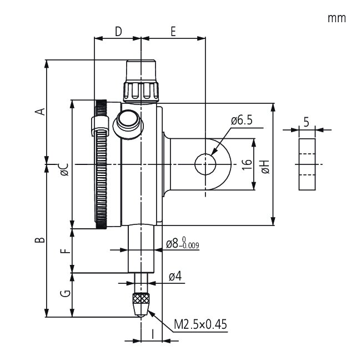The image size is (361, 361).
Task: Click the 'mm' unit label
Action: click(337, 18)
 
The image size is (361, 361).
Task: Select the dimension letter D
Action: click(118, 32)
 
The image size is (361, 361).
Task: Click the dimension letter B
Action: click(39, 240)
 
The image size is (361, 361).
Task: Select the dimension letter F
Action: click(65, 250)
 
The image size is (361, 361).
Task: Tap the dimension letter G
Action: click(65, 294)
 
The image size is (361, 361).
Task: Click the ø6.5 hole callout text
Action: click(242, 120)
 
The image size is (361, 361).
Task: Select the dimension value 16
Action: click(248, 164)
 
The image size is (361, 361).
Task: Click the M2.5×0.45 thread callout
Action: click(200, 324)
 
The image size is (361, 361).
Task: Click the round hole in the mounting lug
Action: click(205, 164)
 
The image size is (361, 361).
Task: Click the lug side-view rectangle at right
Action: click(306, 164)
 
